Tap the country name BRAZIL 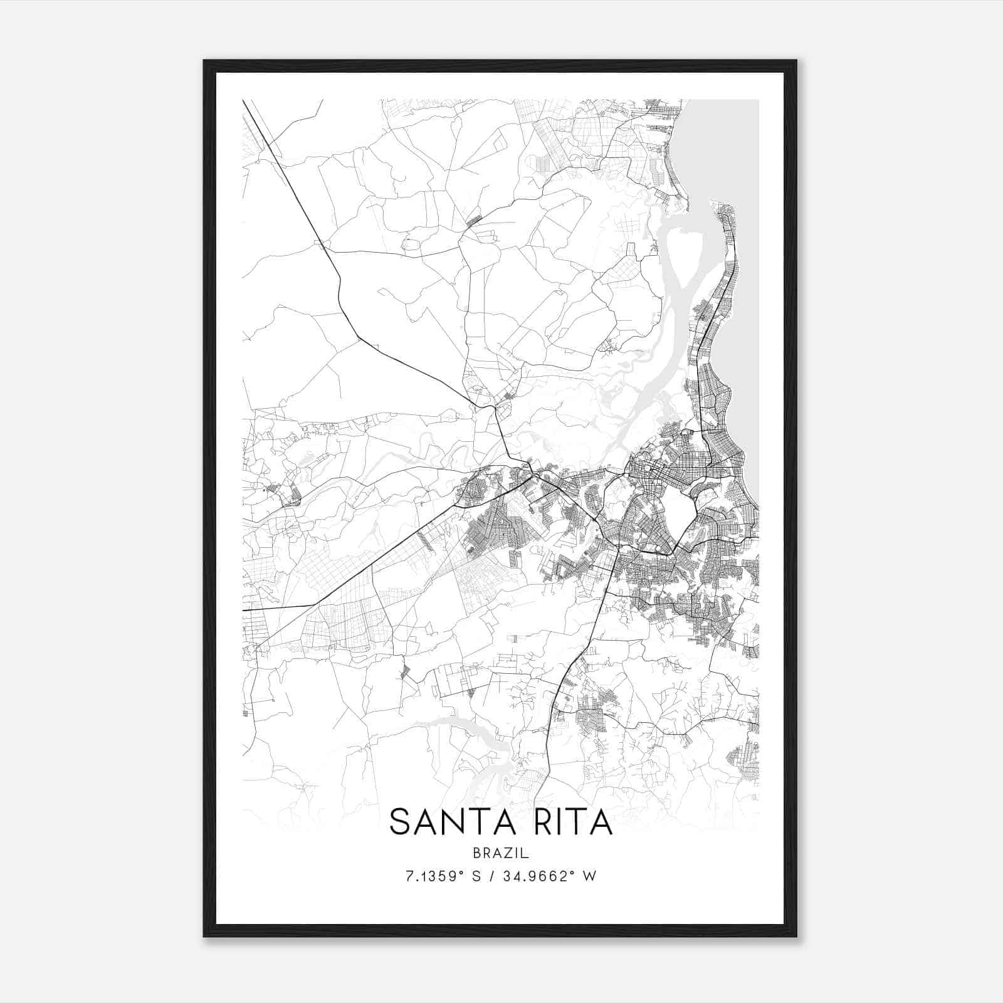(501, 853)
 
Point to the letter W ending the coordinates (590, 876)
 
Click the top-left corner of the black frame (204, 61)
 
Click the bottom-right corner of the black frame (796, 936)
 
